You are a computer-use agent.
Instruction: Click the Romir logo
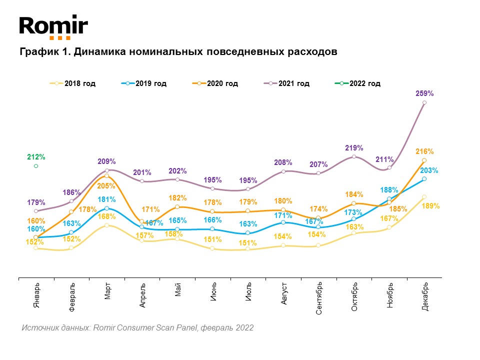(53, 27)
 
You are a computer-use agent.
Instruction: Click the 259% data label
(424, 93)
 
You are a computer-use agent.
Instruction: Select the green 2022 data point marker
(36, 166)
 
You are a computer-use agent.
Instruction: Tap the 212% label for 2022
(36, 157)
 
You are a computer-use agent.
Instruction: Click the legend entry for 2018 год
(73, 83)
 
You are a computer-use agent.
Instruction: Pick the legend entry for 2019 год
(144, 83)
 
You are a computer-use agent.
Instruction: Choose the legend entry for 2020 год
(215, 83)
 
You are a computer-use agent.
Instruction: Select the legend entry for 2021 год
(286, 83)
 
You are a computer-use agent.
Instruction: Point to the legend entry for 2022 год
(358, 83)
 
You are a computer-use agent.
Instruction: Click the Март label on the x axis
(107, 291)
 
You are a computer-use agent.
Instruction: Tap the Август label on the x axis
(284, 293)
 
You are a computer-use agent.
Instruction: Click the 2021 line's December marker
(424, 102)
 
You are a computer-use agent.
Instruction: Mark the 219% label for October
(354, 148)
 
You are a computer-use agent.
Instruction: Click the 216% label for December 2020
(424, 151)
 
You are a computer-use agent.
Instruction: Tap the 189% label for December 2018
(430, 205)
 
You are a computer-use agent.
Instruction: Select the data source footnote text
(137, 328)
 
